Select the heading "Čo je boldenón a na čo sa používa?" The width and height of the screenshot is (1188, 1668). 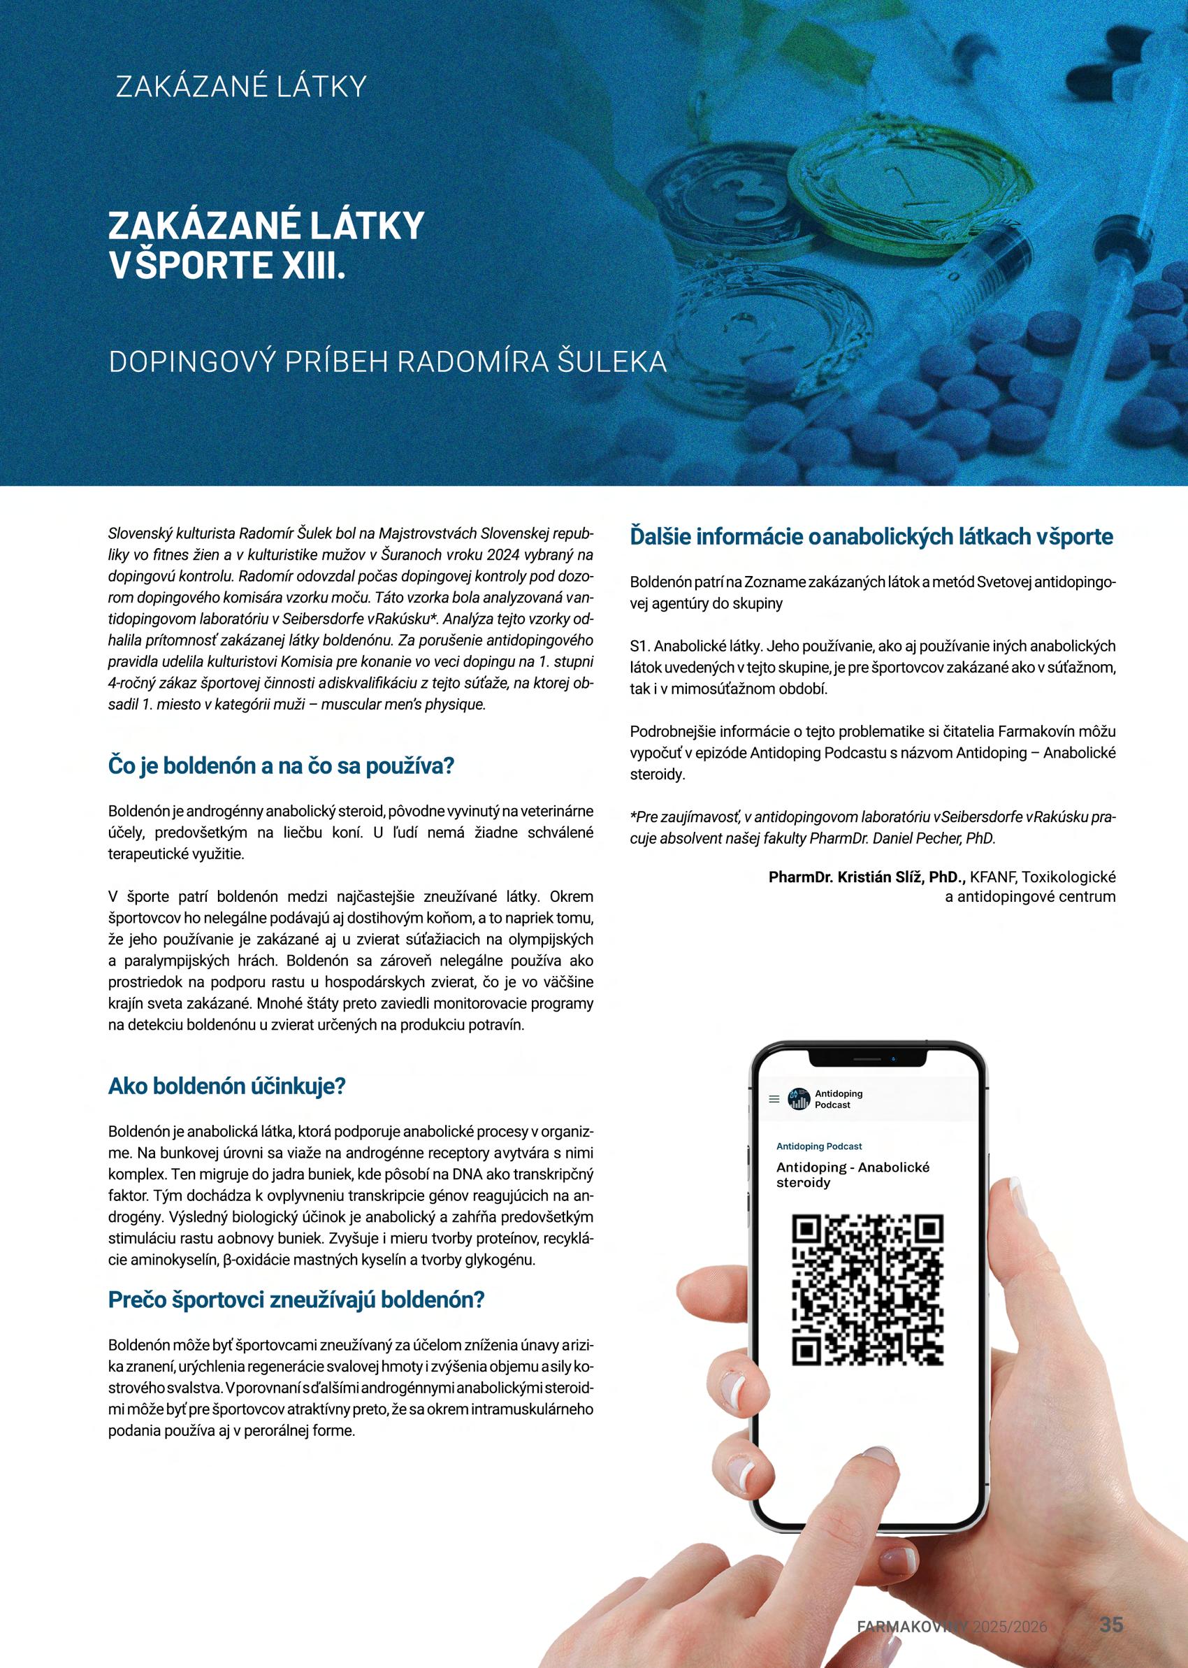[282, 766]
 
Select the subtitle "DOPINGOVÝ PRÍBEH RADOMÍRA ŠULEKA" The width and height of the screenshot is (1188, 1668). [388, 363]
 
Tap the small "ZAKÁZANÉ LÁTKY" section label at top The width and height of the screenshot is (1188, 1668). [240, 87]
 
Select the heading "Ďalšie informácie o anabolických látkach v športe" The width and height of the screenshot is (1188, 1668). [871, 536]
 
